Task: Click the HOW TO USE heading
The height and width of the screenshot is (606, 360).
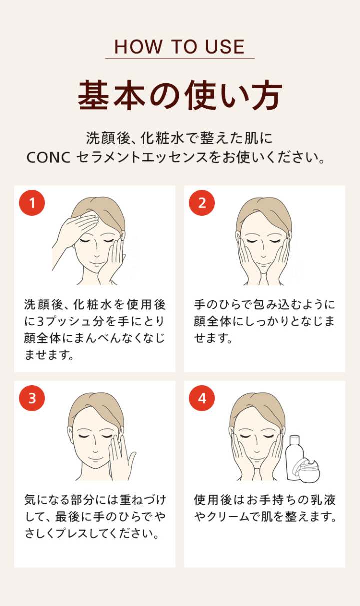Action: tap(179, 47)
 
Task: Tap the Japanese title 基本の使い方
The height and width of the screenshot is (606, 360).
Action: tap(180, 95)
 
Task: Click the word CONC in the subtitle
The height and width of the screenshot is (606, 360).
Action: tap(48, 158)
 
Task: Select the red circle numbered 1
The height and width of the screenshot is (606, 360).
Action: tap(32, 203)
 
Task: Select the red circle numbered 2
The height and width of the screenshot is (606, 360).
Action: tap(202, 203)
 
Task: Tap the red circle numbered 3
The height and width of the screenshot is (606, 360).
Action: tap(32, 398)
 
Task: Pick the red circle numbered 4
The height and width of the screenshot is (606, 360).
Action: tap(202, 398)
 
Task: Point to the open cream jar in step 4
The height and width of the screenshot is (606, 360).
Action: tap(309, 470)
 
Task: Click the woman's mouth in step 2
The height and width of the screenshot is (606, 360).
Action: tap(264, 262)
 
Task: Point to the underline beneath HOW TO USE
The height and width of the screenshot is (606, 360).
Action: tap(179, 59)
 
